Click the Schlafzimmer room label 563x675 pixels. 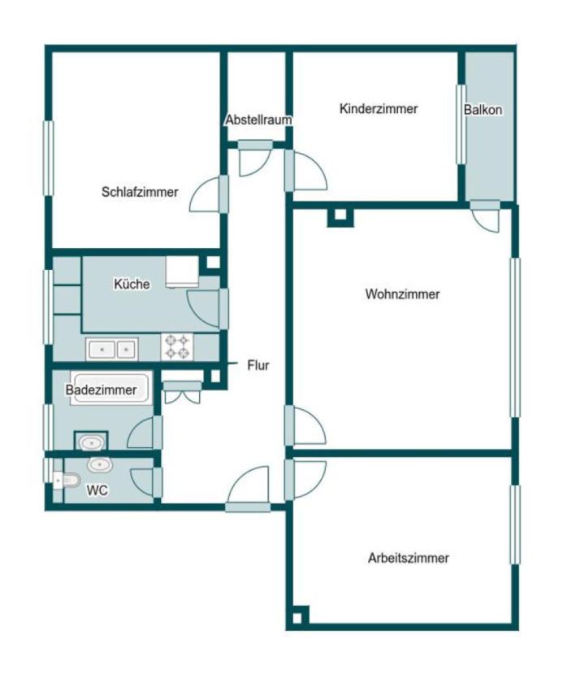click(140, 192)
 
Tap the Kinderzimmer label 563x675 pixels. click(379, 108)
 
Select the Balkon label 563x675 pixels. click(483, 110)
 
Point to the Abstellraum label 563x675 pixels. click(259, 120)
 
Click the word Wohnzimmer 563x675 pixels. click(403, 294)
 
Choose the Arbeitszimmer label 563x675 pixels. click(408, 558)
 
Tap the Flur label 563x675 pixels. click(258, 365)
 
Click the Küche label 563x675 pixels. click(132, 284)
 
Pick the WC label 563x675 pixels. click(97, 490)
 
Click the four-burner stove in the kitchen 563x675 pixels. click(177, 346)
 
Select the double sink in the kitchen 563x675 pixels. click(112, 349)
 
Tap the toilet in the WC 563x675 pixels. click(67, 480)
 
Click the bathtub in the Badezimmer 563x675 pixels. click(111, 388)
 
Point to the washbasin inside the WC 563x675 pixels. click(100, 464)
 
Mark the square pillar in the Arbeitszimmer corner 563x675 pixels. click(297, 617)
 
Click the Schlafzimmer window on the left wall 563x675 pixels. click(49, 159)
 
